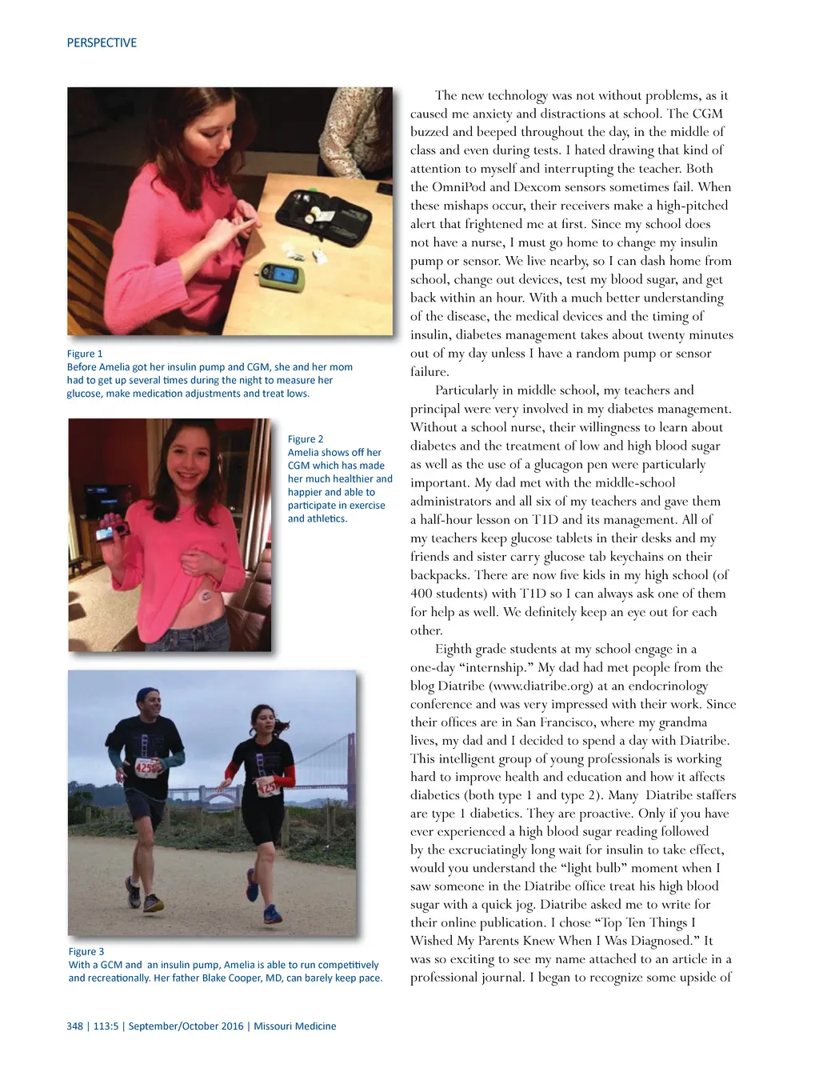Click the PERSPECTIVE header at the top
tap(102, 43)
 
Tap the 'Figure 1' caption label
tap(85, 354)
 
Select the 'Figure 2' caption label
tap(306, 439)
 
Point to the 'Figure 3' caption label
tap(86, 951)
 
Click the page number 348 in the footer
tap(75, 1026)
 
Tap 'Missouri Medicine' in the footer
tap(294, 1026)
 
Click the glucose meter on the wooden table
tap(280, 274)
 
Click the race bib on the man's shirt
tap(146, 767)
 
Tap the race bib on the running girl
tap(267, 787)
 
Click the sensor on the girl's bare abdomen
tap(206, 594)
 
